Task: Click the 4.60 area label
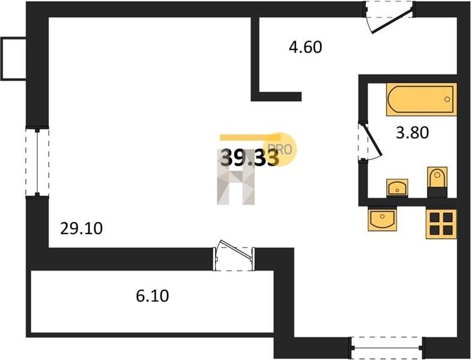click(x=306, y=47)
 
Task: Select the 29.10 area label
click(x=82, y=228)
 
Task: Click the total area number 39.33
click(x=249, y=158)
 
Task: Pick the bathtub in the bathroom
click(x=421, y=100)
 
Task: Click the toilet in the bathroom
click(x=437, y=181)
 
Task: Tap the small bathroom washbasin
click(x=397, y=187)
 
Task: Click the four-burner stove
click(x=441, y=222)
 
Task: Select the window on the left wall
click(x=37, y=161)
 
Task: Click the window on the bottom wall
click(x=387, y=347)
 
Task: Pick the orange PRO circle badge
click(x=282, y=148)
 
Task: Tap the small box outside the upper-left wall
click(x=13, y=58)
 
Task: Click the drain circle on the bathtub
click(x=448, y=100)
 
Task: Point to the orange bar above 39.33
click(x=243, y=137)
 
